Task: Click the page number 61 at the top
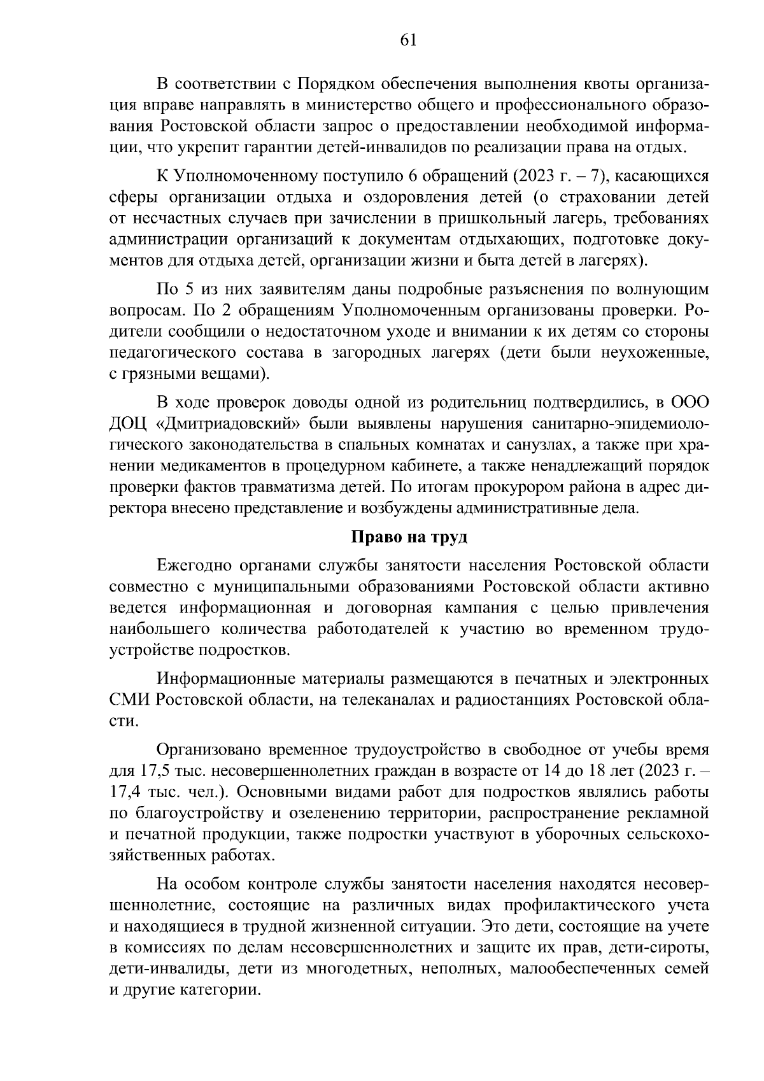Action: click(408, 39)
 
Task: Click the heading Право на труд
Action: click(409, 537)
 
